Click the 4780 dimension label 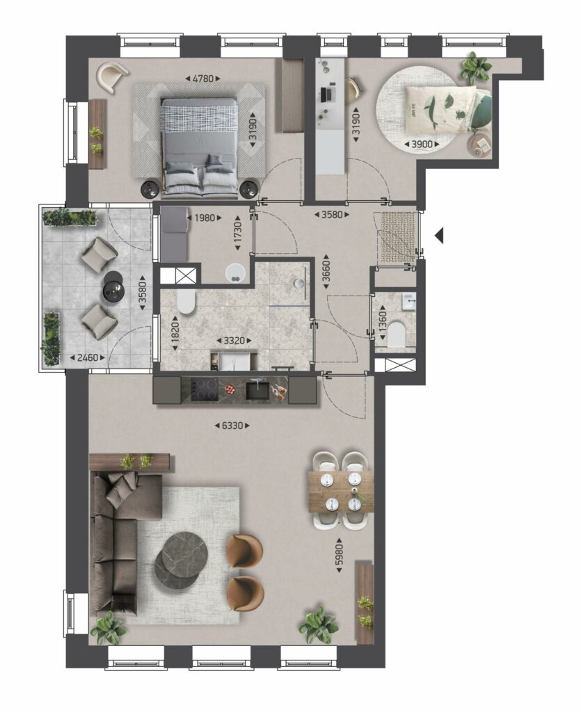(202, 79)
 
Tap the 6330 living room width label (232, 426)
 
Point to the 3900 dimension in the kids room (422, 145)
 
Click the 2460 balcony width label (87, 358)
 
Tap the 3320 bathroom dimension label (234, 340)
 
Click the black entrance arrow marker (439, 236)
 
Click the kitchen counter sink (257, 390)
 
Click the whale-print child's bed (447, 108)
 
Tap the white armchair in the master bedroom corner (112, 75)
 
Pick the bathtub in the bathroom (185, 302)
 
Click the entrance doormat (398, 236)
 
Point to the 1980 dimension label (204, 218)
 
